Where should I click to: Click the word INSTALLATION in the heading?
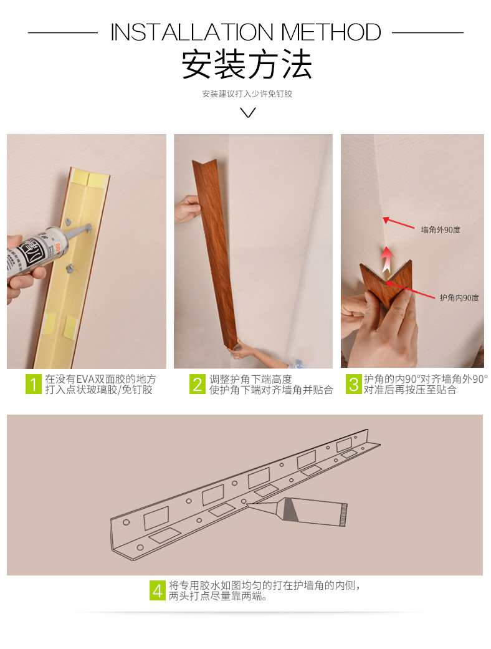click(x=192, y=32)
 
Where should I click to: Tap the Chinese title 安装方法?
click(x=247, y=64)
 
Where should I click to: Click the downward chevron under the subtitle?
click(x=248, y=112)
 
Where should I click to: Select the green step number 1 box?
click(x=34, y=384)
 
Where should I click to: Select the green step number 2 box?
click(x=198, y=384)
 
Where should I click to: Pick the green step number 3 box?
click(x=354, y=384)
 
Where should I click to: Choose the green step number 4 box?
click(x=158, y=590)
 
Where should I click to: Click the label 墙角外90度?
click(x=441, y=229)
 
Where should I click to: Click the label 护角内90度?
click(x=459, y=297)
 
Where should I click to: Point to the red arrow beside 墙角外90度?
click(x=398, y=223)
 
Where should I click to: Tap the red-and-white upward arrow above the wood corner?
click(x=387, y=259)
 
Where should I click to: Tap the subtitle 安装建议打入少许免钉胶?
click(x=247, y=94)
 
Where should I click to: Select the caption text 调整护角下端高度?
click(x=250, y=378)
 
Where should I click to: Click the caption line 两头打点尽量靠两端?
click(x=217, y=596)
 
